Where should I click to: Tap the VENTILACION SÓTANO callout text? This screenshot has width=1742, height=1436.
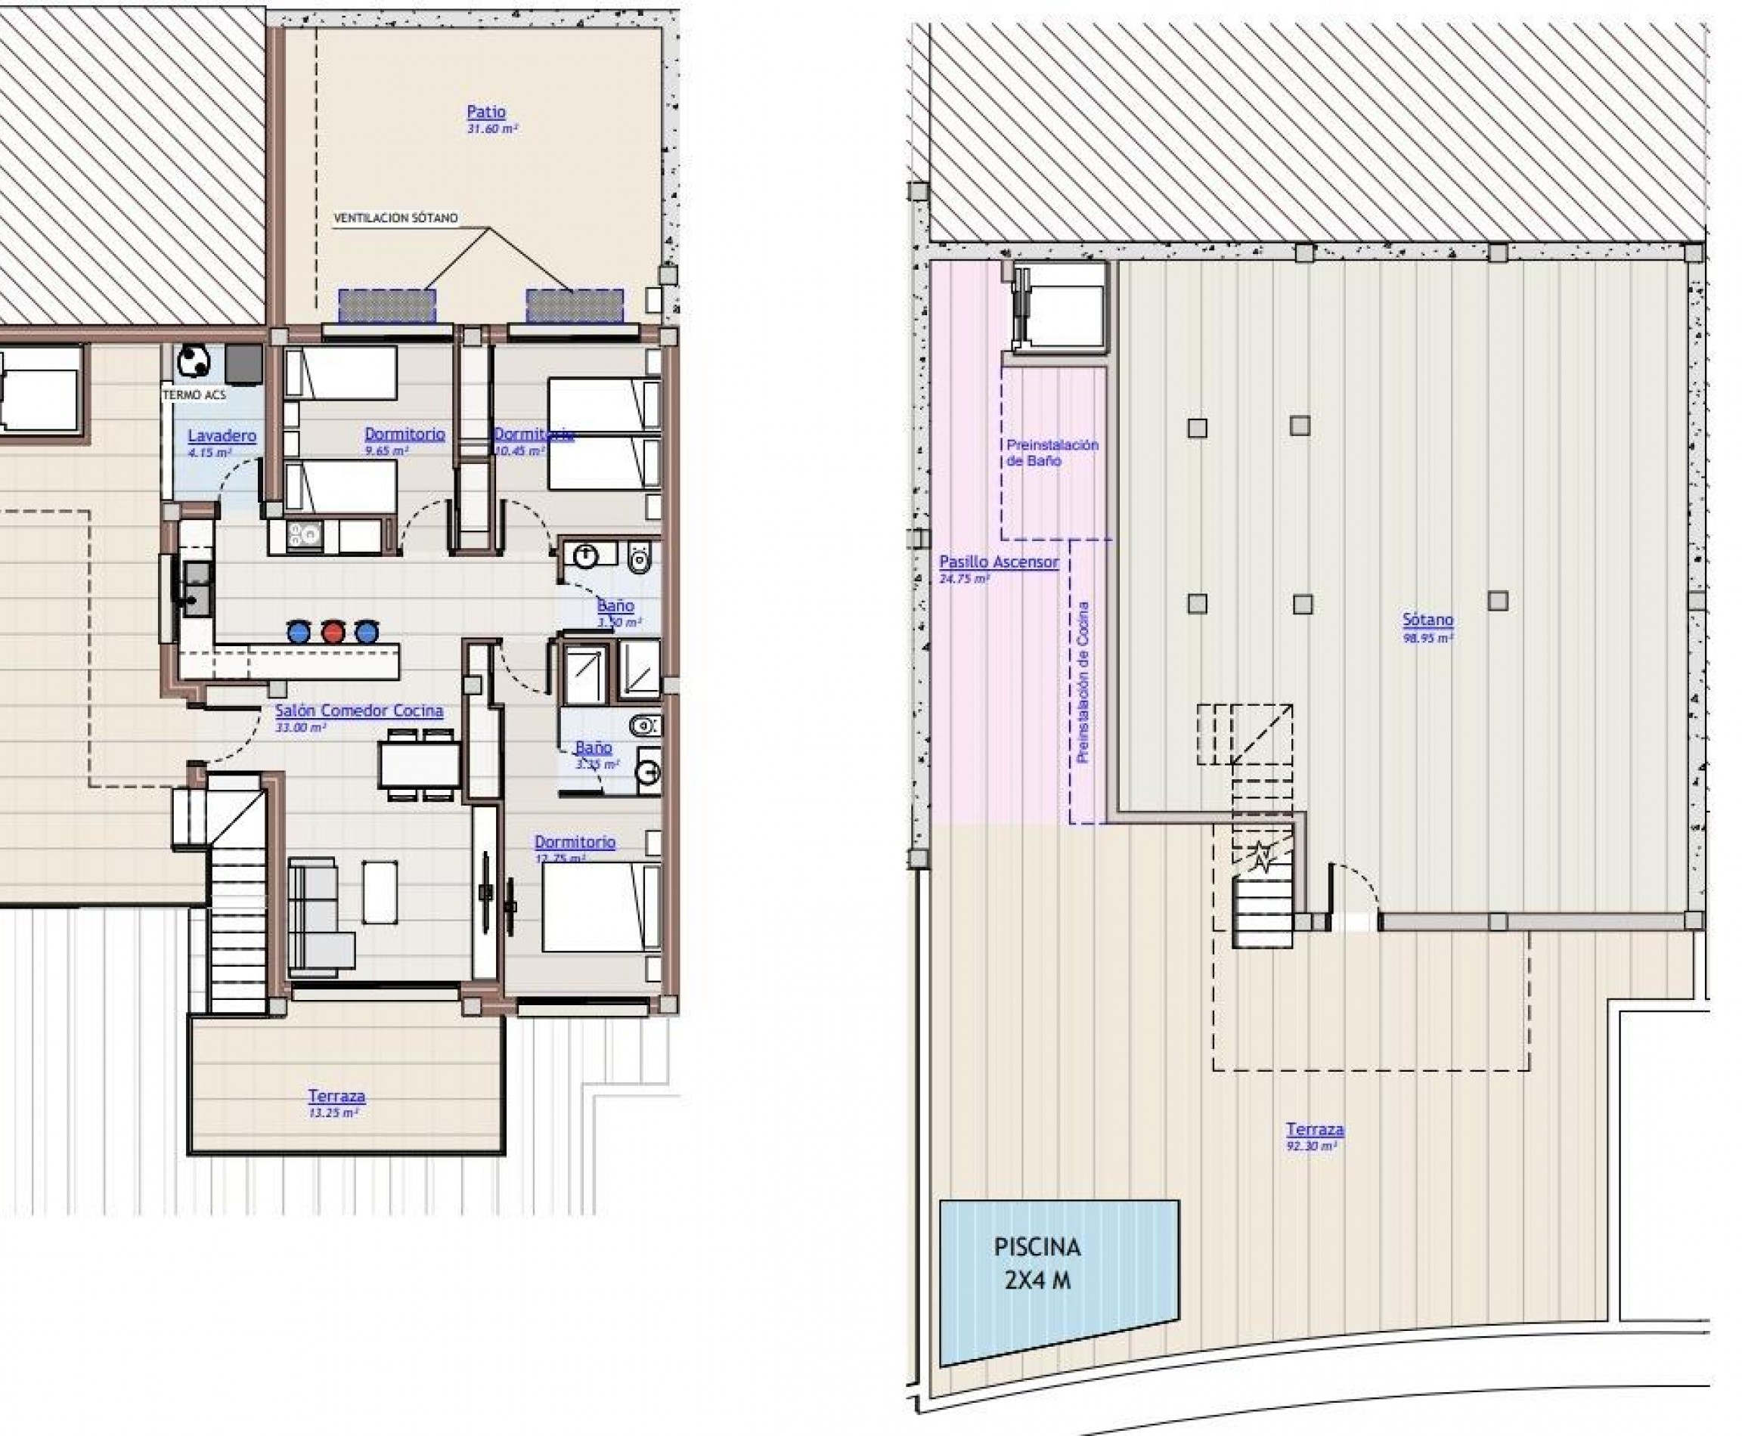point(395,218)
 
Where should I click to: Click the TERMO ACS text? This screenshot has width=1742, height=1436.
point(194,395)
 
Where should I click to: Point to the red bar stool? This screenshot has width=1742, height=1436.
point(333,632)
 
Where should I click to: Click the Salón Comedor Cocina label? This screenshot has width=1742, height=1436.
point(358,710)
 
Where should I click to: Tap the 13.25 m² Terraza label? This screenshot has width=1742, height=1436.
point(336,1096)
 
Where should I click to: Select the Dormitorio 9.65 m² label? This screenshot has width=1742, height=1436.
point(404,434)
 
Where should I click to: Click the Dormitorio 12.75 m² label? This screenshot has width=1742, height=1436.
point(575,841)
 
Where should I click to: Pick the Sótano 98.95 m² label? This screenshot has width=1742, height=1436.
point(1427,620)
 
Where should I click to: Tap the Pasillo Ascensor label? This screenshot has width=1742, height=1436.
point(998,562)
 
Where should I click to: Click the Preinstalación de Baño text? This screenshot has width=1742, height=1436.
point(1051,453)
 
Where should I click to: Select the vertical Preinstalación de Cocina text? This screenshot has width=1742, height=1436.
point(1083,682)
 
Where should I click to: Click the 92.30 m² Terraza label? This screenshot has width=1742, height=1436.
point(1314,1129)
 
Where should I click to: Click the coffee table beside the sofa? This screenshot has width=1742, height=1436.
point(380,892)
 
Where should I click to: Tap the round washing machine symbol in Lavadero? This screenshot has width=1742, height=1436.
point(194,361)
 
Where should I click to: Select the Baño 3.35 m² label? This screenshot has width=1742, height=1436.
point(594,747)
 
